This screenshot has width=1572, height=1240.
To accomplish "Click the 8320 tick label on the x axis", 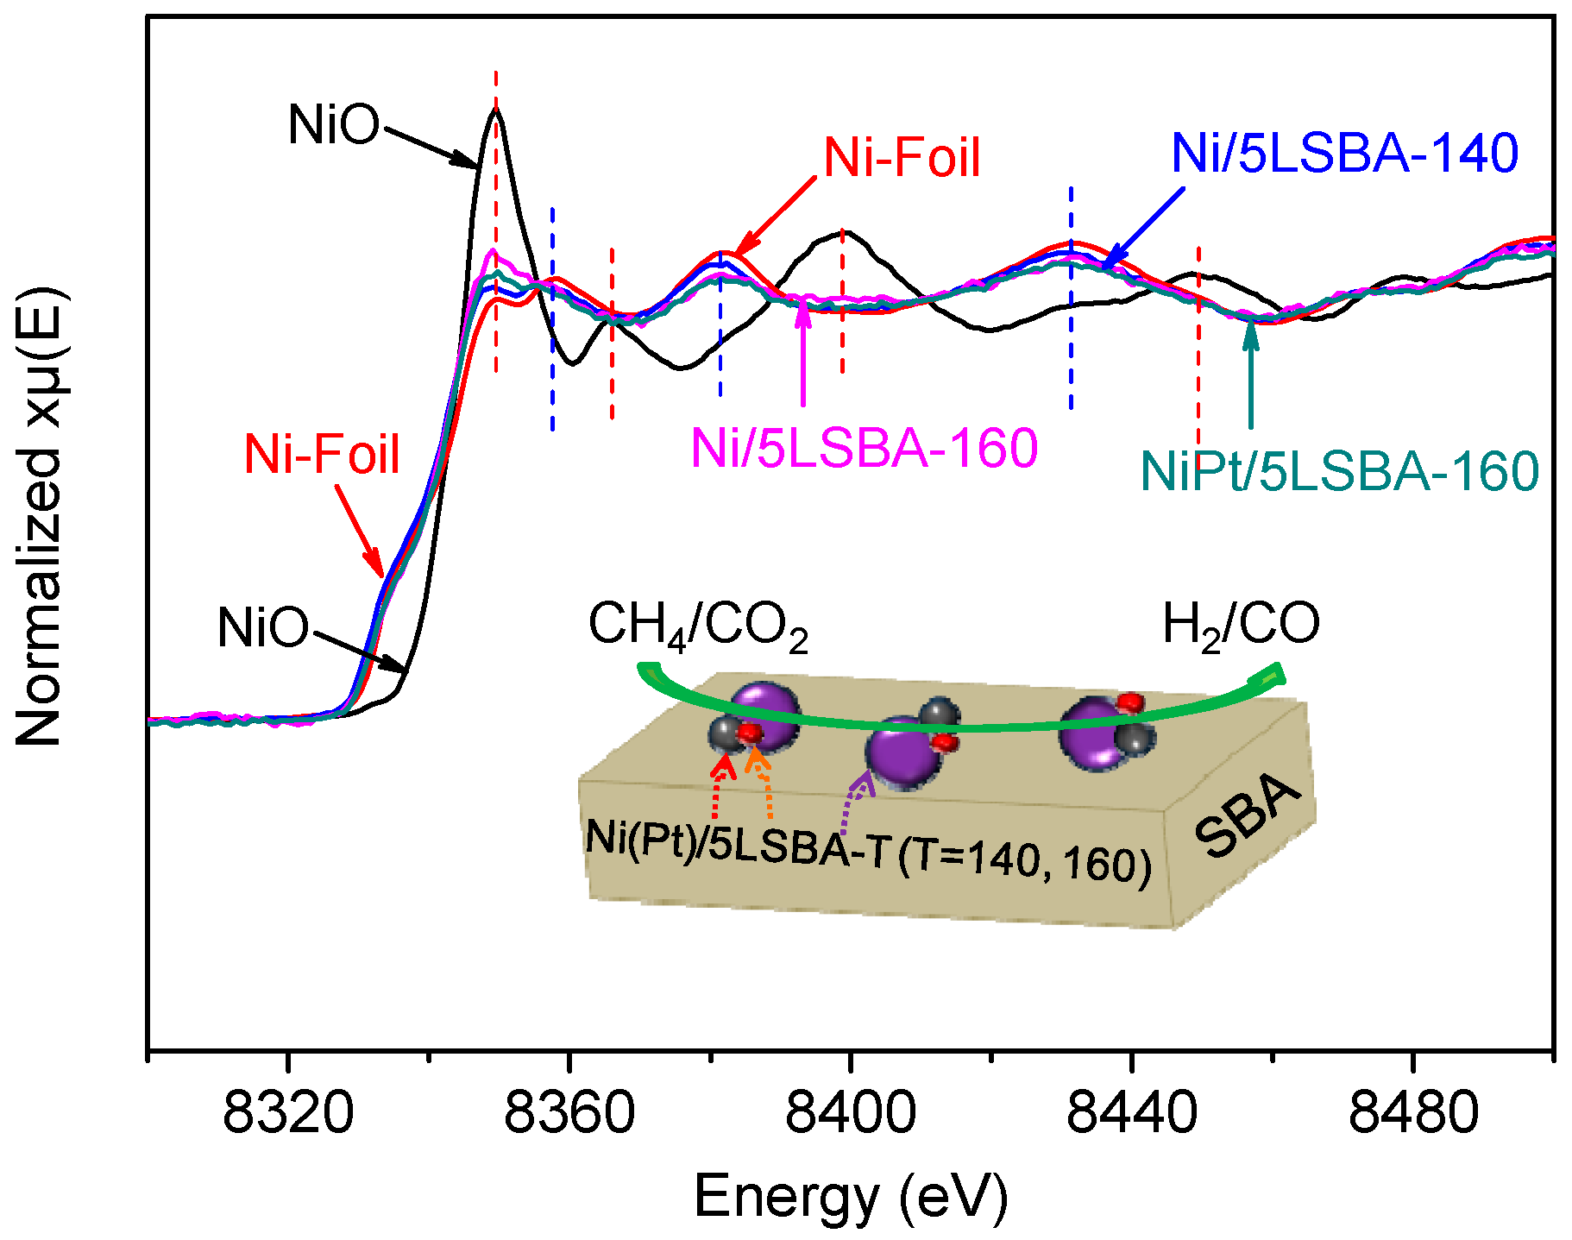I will click(x=287, y=1114).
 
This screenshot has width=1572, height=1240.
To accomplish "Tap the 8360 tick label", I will click(x=569, y=1114).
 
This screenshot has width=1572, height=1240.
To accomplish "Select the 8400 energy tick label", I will click(x=850, y=1114).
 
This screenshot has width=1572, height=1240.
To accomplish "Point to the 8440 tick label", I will click(x=1131, y=1114).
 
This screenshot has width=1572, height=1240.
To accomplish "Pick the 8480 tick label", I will click(x=1412, y=1114).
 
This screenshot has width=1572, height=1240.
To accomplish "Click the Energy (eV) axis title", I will click(x=850, y=1197).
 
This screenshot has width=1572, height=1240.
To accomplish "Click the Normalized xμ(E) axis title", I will click(x=39, y=518).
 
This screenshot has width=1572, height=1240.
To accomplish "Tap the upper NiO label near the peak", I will click(x=333, y=125).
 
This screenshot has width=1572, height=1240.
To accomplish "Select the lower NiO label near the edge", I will click(x=262, y=627).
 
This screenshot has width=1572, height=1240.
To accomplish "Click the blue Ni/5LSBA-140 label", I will click(x=1343, y=154).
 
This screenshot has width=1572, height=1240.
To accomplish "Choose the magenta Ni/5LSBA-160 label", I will click(x=864, y=448).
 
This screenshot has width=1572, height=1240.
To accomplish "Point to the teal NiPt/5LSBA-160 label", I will click(x=1339, y=471).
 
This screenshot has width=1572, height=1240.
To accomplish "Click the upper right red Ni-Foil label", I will click(x=902, y=158).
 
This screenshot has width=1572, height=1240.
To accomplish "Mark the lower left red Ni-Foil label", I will click(x=322, y=454).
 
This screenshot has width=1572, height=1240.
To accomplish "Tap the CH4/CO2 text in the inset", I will click(x=697, y=626).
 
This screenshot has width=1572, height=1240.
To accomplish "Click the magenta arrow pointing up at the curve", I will click(x=803, y=354).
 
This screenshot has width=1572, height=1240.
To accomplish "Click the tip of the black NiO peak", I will click(x=496, y=109).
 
